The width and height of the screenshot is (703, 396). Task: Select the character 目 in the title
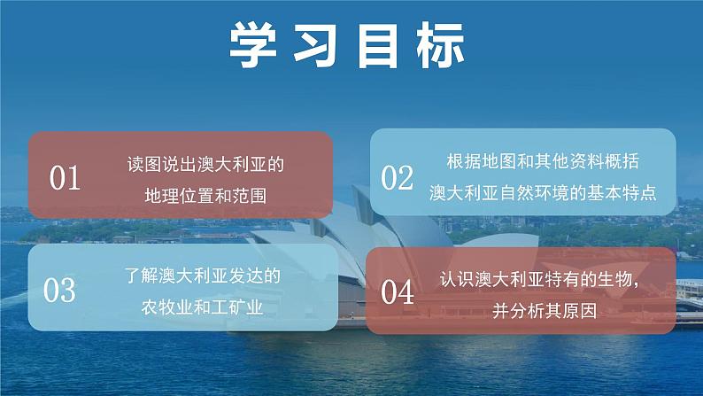pyautogui.click(x=382, y=44)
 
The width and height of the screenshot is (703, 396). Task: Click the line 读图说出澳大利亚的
pyautogui.click(x=205, y=165)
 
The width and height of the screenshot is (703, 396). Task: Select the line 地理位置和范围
pyautogui.click(x=205, y=194)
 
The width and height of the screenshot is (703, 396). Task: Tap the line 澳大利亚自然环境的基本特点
pyautogui.click(x=542, y=193)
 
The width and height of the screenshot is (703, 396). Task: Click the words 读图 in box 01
pyautogui.click(x=141, y=165)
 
